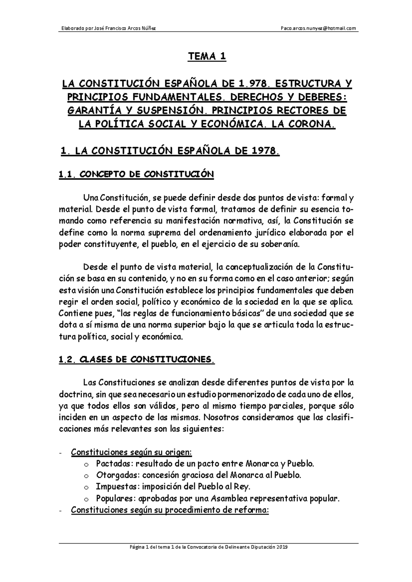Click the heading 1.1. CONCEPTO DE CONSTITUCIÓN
pos(136,175)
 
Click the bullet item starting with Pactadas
pos(205,464)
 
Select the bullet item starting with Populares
pos(217,499)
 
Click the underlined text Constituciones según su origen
pos(131,452)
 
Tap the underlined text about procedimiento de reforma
pos(170,510)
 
